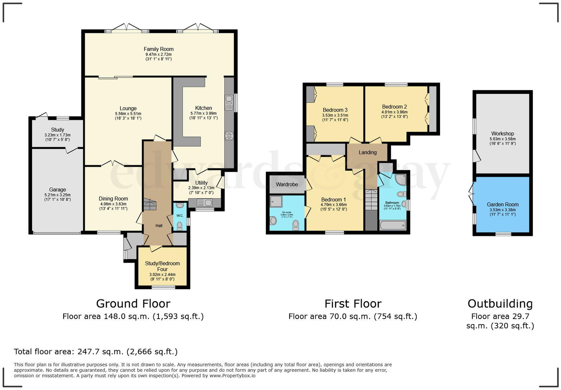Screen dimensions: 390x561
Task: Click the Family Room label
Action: [x=158, y=49]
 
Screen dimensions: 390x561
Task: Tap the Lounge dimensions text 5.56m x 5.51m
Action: [x=128, y=113]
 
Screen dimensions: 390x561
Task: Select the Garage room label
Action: [x=57, y=190]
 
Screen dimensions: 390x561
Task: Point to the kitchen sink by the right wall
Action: [x=229, y=103]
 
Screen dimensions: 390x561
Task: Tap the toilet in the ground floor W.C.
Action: [x=180, y=225]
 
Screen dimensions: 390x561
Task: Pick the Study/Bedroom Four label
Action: [x=162, y=266]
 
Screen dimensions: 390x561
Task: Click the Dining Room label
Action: [x=113, y=199]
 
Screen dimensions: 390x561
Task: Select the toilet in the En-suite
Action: [x=296, y=225]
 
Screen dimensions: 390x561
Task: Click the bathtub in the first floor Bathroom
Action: [x=392, y=225]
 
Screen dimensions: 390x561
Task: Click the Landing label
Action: [x=367, y=152]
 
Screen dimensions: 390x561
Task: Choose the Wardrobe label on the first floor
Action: [x=287, y=184]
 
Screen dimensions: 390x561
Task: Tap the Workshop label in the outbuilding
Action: [x=502, y=134]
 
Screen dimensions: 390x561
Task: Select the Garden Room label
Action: [x=502, y=204]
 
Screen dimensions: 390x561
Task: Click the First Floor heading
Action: [x=353, y=304]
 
